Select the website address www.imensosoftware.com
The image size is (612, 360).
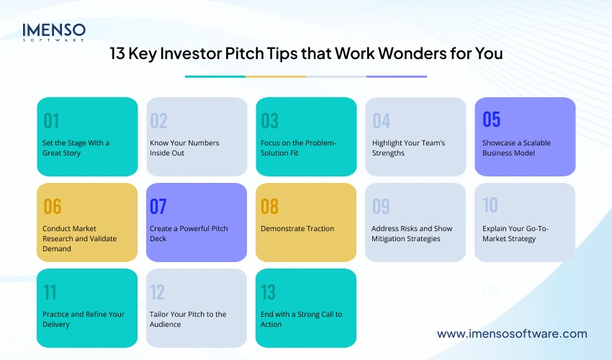pos(512,333)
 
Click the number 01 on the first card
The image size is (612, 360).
pos(51,120)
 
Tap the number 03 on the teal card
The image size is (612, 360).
pos(269,120)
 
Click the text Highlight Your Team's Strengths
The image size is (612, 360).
pos(408,148)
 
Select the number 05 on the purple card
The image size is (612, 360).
pos(491,119)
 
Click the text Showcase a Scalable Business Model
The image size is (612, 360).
pos(516,148)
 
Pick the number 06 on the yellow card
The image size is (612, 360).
pos(52,207)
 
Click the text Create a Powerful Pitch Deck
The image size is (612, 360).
pos(189,233)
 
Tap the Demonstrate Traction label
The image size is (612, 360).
pos(297,229)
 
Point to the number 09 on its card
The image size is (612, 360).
pos(381,207)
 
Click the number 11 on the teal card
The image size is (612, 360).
pos(50,292)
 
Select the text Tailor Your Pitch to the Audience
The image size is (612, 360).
pos(188,319)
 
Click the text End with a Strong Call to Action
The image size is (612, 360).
pos(301,319)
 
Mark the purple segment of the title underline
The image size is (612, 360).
pos(396,76)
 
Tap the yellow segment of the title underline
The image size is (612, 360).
pos(275,76)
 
